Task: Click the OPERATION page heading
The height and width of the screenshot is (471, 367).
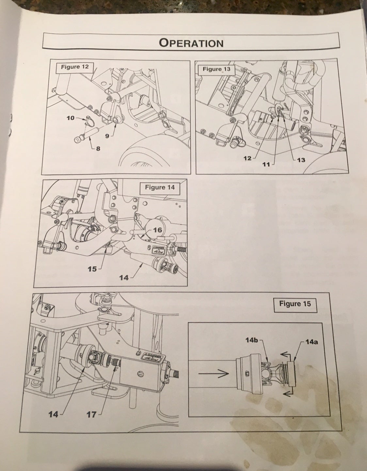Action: (191, 43)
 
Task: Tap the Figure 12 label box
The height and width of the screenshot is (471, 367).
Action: (75, 67)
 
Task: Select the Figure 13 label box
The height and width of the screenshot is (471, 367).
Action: (216, 69)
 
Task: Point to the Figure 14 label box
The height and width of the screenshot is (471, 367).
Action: (160, 187)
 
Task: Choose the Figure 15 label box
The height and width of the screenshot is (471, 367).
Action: (295, 304)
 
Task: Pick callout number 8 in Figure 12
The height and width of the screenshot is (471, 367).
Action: (98, 149)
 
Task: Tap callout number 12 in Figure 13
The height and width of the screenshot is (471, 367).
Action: (248, 158)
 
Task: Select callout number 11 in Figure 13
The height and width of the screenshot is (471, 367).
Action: (267, 164)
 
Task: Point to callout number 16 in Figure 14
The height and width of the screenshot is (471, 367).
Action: (157, 230)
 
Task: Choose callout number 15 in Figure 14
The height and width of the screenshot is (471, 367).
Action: (92, 269)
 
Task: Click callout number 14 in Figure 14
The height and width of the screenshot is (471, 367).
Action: (124, 278)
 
